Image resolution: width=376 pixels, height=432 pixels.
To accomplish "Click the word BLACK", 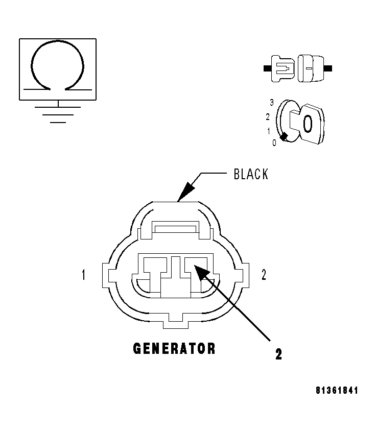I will click(x=250, y=174).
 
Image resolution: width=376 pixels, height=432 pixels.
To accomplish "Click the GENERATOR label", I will click(x=174, y=349).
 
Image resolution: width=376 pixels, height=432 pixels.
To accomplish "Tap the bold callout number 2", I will click(x=278, y=354).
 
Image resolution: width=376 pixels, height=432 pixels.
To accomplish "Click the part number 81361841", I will click(x=337, y=391).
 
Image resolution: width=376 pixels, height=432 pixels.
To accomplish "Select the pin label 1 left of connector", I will click(x=83, y=275).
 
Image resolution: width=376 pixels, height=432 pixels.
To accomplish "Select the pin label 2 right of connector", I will click(x=264, y=275).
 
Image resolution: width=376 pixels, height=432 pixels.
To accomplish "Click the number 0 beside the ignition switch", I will click(x=274, y=143).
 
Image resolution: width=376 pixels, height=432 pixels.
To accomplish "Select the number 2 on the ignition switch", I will click(x=268, y=116).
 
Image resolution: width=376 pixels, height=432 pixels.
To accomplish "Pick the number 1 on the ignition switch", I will click(x=268, y=131).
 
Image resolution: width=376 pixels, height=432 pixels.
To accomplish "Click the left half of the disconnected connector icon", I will click(x=281, y=68).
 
